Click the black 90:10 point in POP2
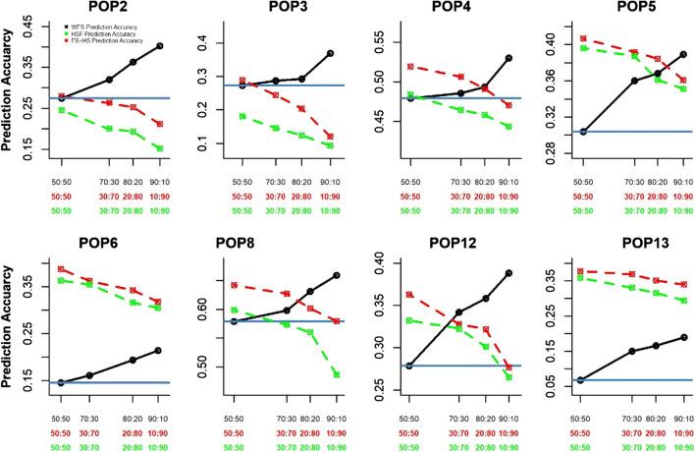(160, 46)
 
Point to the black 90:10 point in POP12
(508, 273)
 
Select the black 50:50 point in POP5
(583, 131)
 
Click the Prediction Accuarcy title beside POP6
(10, 325)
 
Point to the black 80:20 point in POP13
(657, 346)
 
